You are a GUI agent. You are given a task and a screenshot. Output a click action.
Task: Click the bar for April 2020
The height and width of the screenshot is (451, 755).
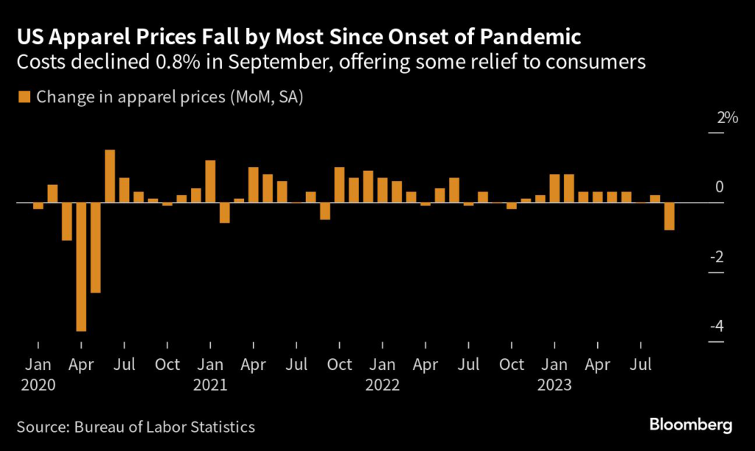[81, 267]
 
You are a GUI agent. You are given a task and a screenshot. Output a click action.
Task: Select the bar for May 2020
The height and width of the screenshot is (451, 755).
[95, 248]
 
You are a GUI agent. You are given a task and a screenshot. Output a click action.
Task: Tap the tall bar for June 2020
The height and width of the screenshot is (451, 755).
[110, 176]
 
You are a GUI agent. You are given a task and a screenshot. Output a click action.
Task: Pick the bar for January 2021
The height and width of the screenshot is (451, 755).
[210, 181]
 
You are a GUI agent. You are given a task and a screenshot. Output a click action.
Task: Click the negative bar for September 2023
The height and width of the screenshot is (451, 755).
[669, 216]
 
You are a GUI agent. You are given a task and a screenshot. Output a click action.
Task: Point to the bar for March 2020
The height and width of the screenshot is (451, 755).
[67, 221]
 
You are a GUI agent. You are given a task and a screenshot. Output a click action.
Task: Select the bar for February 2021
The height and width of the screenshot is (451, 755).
[225, 212]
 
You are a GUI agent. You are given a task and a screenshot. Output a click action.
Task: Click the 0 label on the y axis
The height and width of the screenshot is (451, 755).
[719, 187]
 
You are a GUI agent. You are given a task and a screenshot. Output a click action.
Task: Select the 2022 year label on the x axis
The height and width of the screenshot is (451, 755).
[383, 385]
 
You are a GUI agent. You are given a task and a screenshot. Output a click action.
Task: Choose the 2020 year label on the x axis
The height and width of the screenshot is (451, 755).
[38, 385]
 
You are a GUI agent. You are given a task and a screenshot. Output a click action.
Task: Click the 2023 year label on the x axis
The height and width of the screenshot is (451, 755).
[554, 385]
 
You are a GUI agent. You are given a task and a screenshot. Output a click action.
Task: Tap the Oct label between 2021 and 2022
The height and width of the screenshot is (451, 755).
[339, 365]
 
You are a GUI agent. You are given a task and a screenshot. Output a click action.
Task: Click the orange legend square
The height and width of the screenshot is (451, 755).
[23, 97]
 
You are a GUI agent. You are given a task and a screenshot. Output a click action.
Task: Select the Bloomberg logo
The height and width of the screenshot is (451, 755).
[691, 424]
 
